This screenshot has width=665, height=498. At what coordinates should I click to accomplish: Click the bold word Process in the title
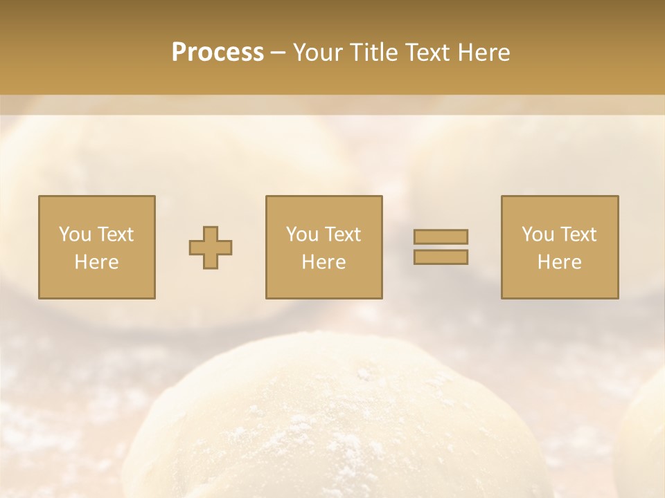tap(218, 53)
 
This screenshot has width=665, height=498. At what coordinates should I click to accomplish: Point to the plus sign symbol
tap(211, 247)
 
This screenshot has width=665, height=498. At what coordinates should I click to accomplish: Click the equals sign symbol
tap(441, 247)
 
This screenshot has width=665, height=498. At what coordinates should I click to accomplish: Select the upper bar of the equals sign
tap(441, 237)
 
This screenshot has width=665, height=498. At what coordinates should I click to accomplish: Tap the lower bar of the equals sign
tap(441, 257)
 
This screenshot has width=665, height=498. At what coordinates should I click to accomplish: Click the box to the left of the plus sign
tap(96, 247)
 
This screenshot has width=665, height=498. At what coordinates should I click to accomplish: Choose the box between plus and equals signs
tap(323, 247)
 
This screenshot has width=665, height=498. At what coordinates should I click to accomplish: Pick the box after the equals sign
tap(559, 247)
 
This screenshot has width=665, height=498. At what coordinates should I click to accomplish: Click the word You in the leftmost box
tap(74, 234)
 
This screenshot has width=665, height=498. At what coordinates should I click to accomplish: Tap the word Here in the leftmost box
tap(96, 262)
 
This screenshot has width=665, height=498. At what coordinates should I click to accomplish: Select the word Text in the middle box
tap(342, 234)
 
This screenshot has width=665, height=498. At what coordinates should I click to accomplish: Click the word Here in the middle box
tap(323, 262)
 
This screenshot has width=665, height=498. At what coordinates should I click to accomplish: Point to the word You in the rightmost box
tap(537, 234)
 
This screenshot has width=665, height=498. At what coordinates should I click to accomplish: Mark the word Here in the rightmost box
tap(559, 262)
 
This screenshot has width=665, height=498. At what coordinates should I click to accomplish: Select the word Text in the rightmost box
tap(578, 234)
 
